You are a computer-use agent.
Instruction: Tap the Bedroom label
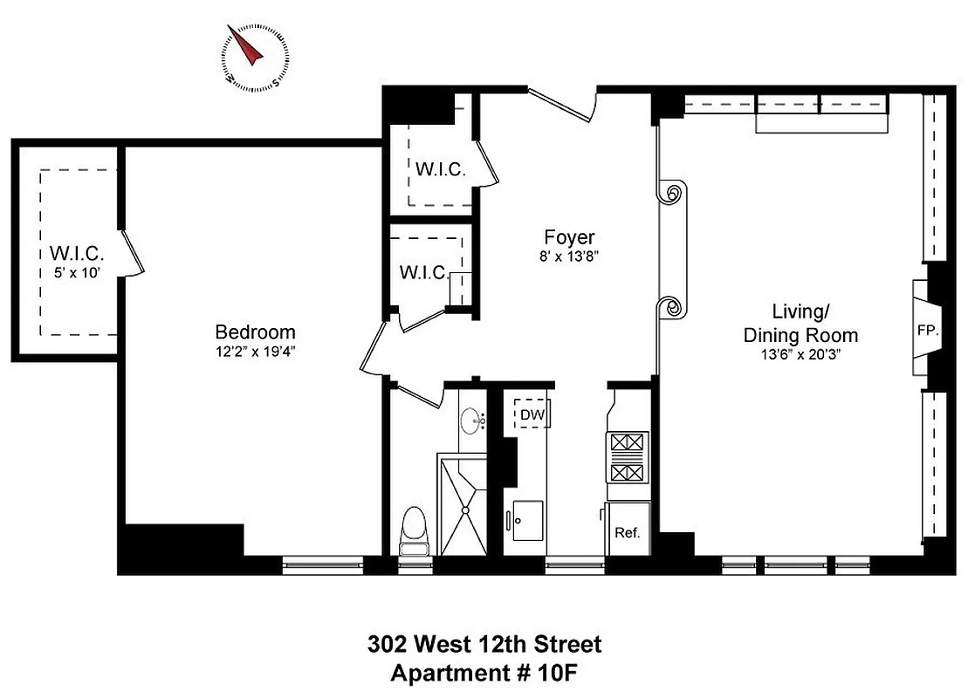point(255,332)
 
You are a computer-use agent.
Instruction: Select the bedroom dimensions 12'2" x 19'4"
point(255,353)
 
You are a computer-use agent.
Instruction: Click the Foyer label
point(569,237)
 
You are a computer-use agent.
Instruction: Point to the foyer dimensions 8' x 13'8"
point(569,257)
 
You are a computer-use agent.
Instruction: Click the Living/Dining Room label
point(800,323)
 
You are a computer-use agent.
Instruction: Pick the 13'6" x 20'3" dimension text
point(800,355)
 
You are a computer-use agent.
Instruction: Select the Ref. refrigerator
point(628,530)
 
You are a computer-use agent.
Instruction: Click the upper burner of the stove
point(627,444)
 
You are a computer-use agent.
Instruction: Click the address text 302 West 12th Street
point(484,646)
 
